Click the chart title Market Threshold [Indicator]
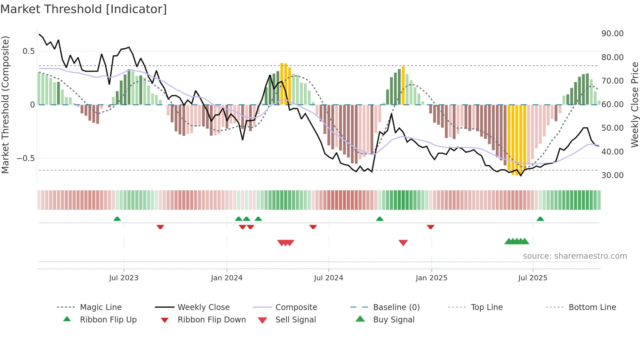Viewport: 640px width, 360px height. [x=84, y=9]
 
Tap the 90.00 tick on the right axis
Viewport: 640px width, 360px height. [x=612, y=34]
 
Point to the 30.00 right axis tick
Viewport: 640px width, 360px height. [x=612, y=175]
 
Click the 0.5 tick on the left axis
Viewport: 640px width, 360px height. [x=28, y=51]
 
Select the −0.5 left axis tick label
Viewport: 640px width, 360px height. [x=25, y=158]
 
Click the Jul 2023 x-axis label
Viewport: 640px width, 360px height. [x=124, y=278]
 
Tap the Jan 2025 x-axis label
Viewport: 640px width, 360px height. [x=431, y=278]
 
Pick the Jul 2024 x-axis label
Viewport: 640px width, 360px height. [x=328, y=278]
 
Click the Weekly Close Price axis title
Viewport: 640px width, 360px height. [x=634, y=105]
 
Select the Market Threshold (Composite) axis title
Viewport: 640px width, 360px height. [x=5, y=105]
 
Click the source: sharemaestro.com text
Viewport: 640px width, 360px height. [x=575, y=256]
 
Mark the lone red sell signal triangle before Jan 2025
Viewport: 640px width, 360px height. [x=403, y=243]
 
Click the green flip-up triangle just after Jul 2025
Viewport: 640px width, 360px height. [x=540, y=219]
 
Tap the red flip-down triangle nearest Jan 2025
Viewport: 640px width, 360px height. [x=430, y=227]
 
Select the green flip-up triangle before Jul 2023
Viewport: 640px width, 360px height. [x=117, y=219]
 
